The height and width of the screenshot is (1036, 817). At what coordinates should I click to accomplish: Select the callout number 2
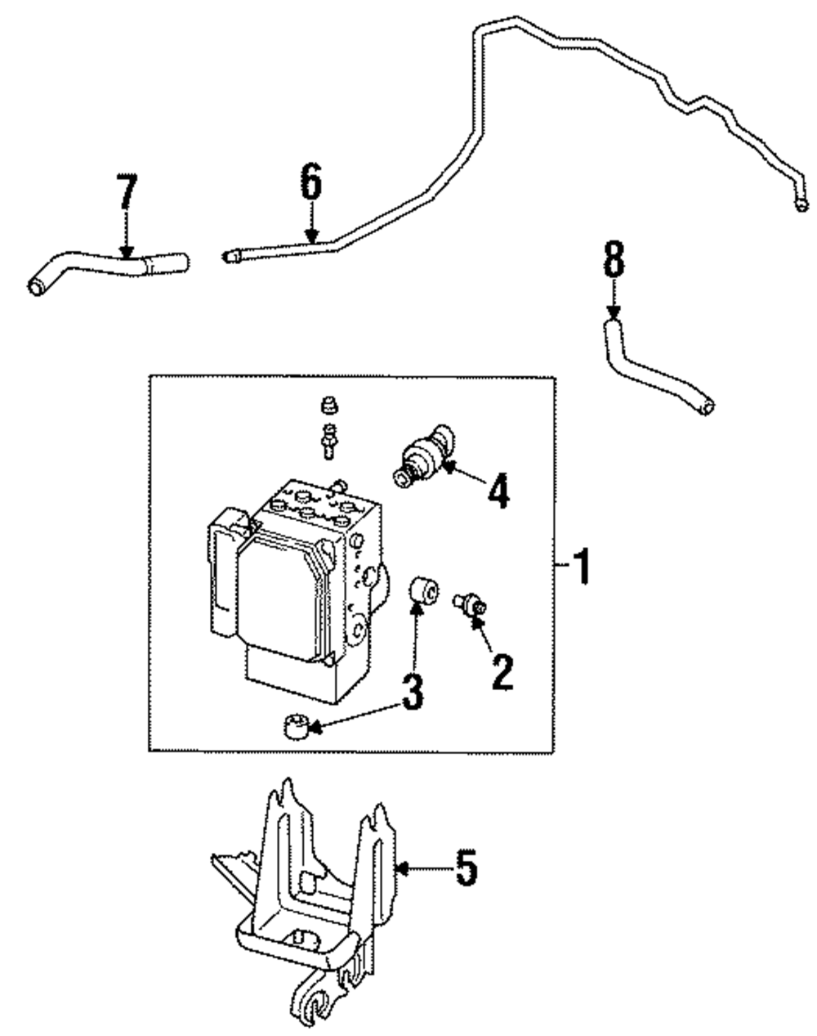tap(502, 672)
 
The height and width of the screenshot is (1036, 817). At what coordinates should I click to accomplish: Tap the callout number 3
tap(413, 691)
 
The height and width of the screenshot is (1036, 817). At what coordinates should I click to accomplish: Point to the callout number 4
tap(498, 491)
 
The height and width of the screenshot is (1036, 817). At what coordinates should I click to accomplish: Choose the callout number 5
tap(466, 868)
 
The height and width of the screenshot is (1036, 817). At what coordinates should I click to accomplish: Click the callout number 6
tap(311, 181)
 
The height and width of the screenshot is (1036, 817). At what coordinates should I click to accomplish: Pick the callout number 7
tap(127, 191)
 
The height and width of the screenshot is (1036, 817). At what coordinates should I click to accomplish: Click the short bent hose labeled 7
tap(108, 272)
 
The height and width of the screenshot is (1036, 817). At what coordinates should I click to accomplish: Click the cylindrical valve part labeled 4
tap(423, 455)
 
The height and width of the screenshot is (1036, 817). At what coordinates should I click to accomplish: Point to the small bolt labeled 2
tap(470, 603)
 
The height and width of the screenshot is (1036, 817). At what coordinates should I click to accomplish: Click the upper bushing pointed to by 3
tap(423, 590)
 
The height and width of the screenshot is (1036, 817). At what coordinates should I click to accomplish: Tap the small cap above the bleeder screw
tap(329, 406)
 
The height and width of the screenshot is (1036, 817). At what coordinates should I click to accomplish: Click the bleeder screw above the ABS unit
tap(329, 441)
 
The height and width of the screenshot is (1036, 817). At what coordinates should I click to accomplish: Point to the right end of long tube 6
tap(801, 206)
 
